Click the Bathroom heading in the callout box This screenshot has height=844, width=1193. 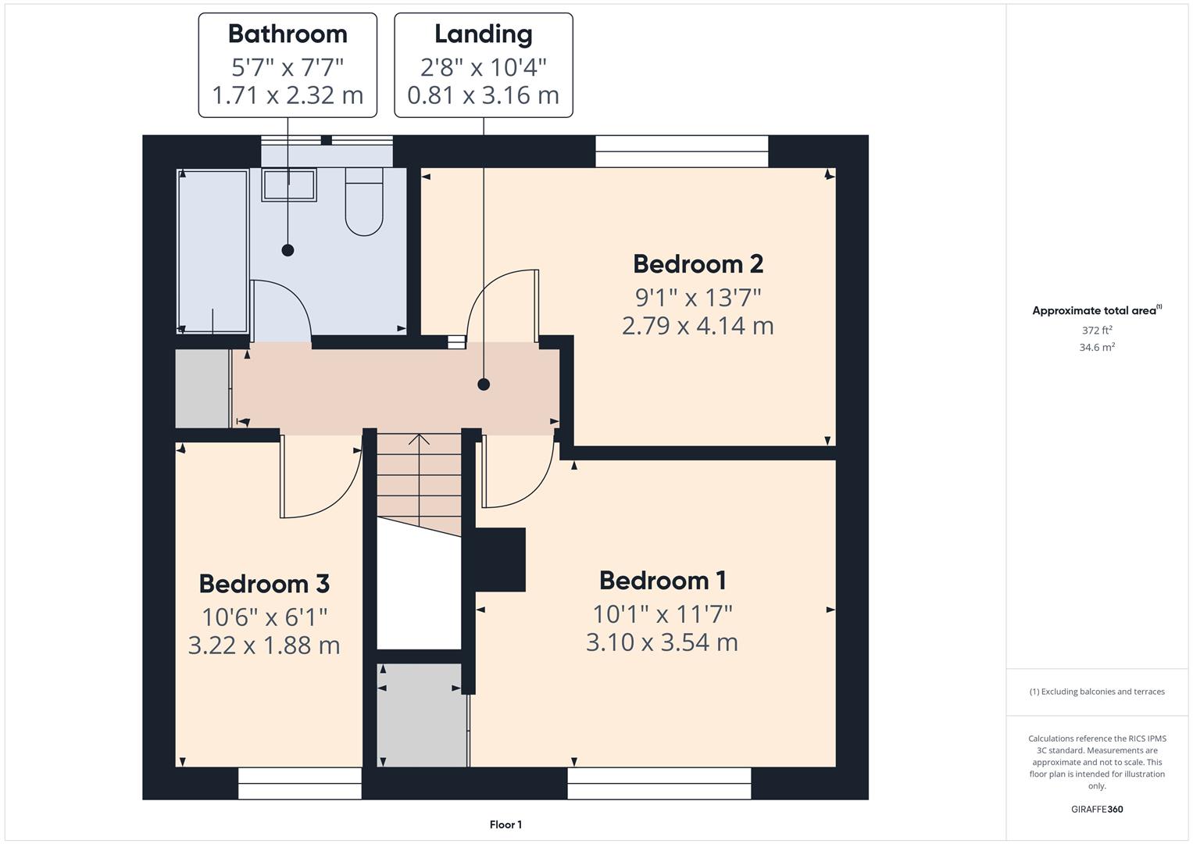point(288,34)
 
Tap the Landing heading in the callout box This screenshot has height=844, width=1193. point(483,34)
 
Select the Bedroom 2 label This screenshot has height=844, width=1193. point(698,264)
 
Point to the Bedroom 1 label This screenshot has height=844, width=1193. point(663,580)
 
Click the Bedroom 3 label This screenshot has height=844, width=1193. point(264,584)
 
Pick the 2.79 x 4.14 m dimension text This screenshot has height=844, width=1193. point(698,326)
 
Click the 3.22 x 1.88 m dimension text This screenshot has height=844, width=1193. point(264,646)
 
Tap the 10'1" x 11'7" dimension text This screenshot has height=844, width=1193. point(663,613)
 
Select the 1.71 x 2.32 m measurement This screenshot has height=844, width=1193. point(288,95)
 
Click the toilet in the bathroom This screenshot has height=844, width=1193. point(364,202)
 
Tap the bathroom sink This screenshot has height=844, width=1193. point(289,185)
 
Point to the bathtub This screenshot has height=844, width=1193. point(213,252)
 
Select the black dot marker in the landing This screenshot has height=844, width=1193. point(484,384)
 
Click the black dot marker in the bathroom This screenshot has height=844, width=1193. point(288,250)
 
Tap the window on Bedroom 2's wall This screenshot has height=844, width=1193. point(682,152)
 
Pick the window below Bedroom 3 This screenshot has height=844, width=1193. point(300,783)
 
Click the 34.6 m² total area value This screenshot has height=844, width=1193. point(1097,347)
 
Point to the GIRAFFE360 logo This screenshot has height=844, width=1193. point(1097,809)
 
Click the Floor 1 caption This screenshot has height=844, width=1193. point(506,824)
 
